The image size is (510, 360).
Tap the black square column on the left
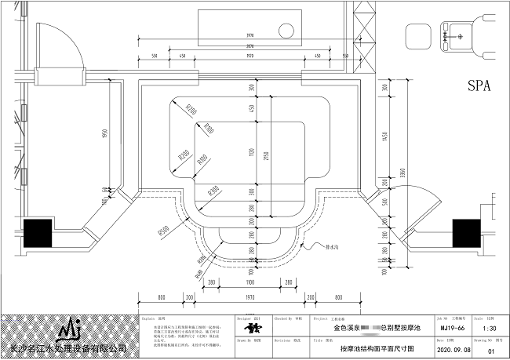37,233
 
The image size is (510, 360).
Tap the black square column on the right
466,233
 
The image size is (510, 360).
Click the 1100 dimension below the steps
250,282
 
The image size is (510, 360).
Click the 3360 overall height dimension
402,173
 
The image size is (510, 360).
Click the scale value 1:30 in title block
487,329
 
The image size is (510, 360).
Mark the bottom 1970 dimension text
250,297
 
